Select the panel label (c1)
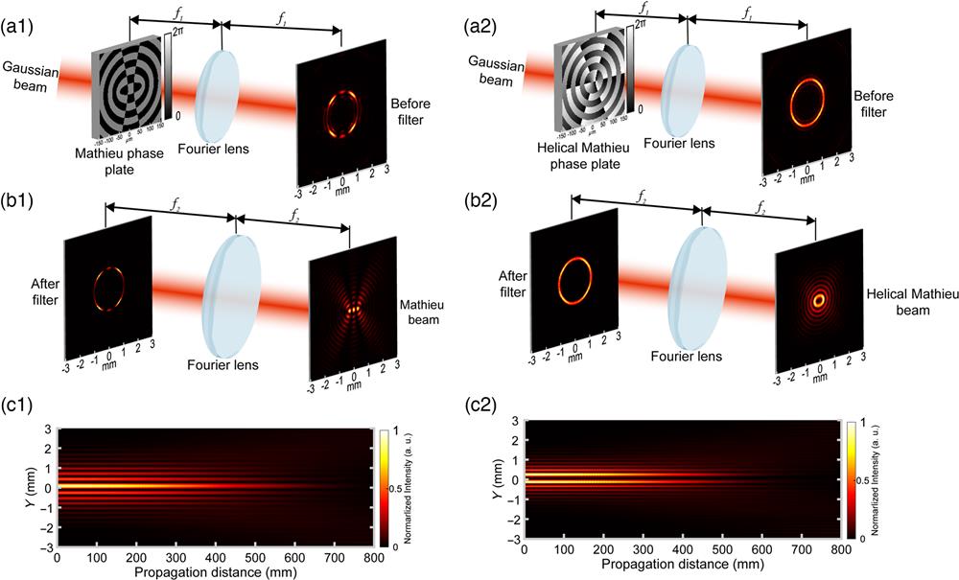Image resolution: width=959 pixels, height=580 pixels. click(x=20, y=418)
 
